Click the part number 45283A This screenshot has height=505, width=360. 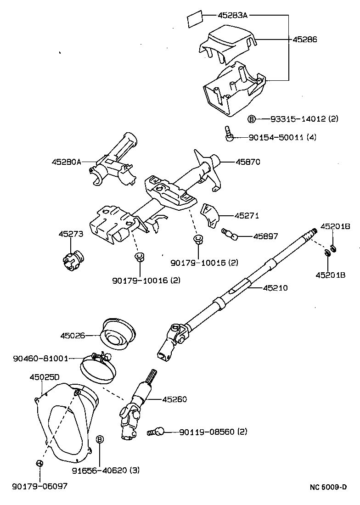[232, 15]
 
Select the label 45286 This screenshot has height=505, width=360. [305, 39]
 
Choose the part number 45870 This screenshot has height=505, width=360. [248, 162]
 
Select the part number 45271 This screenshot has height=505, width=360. [247, 215]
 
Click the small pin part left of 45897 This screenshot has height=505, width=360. [230, 234]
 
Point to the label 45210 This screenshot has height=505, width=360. [276, 288]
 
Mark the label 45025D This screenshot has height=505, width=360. [45, 377]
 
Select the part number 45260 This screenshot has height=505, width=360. [174, 399]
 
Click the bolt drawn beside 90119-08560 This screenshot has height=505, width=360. [155, 432]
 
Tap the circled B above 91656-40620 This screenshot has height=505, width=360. [100, 439]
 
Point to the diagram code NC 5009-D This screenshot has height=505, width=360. [328, 487]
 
